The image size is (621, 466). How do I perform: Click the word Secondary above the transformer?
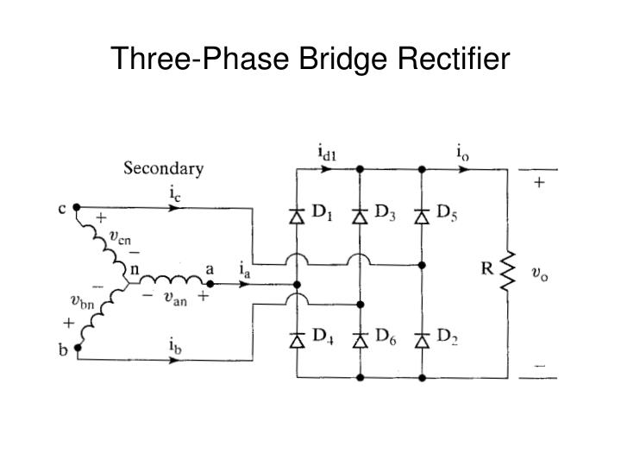pos(163,168)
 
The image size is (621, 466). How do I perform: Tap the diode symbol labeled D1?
pos(296,215)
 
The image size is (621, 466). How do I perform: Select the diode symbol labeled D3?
pos(361,215)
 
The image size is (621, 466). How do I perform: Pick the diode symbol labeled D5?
pos(423,215)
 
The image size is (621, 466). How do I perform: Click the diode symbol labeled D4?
pos(296,340)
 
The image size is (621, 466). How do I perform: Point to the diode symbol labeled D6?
pos(361,340)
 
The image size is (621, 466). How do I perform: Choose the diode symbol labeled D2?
pos(423,340)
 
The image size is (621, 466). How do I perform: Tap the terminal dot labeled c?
pos(77,207)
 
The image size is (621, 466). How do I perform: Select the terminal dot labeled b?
pos(77,349)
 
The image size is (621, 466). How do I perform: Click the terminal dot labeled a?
pos(209,282)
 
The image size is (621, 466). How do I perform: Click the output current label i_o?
pos(463,154)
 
